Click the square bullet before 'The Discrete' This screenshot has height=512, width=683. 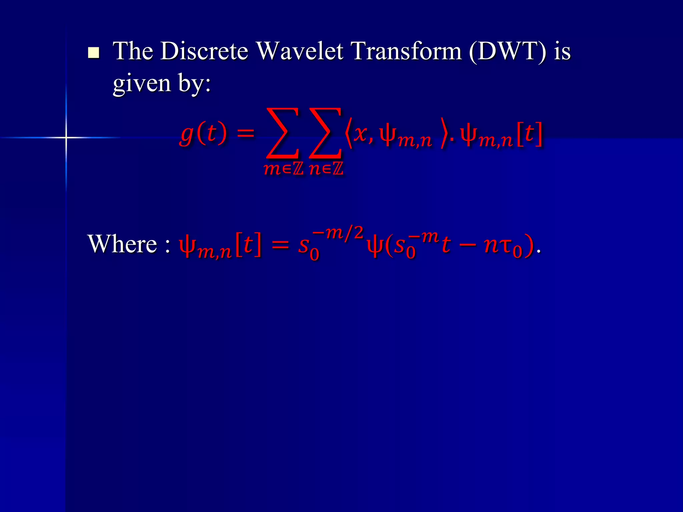(x=94, y=53)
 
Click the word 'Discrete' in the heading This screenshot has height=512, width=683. (x=204, y=52)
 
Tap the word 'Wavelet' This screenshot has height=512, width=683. (x=300, y=52)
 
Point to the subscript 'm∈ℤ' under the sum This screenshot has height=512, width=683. (x=283, y=169)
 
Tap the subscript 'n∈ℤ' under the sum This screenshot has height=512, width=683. (x=326, y=169)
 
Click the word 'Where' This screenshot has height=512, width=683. (x=122, y=244)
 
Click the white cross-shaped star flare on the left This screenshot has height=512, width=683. (x=66, y=137)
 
